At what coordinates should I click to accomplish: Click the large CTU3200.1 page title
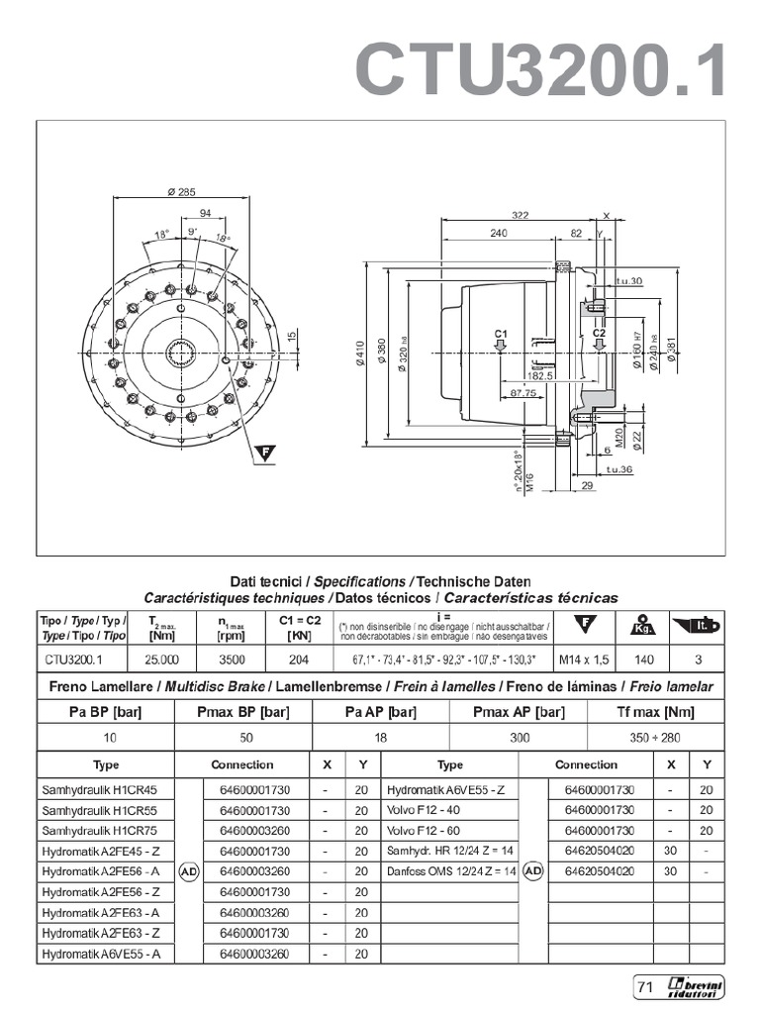541,70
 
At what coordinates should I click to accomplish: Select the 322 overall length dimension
521,215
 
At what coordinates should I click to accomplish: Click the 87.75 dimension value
522,394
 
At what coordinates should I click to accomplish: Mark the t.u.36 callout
618,468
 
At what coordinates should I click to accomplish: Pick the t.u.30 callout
628,281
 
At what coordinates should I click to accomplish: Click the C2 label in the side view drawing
599,335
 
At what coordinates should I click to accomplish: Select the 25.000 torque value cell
161,659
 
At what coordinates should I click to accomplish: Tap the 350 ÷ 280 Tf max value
656,738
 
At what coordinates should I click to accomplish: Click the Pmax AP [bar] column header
519,712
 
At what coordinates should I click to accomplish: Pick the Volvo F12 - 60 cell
426,830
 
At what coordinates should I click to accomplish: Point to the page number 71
645,986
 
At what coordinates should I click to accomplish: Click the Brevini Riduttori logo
696,986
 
